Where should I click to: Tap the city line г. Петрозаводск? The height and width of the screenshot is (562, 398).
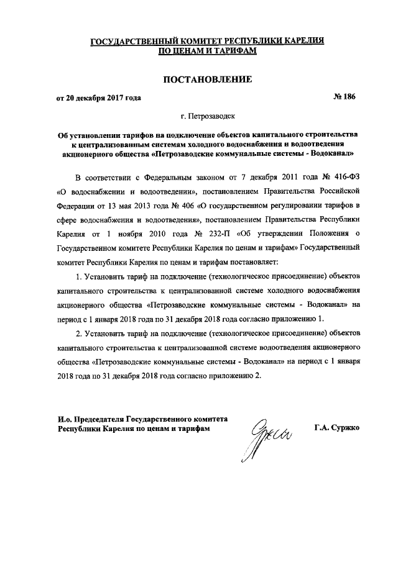[x=199, y=116]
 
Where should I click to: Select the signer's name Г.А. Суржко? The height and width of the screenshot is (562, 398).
[x=341, y=428]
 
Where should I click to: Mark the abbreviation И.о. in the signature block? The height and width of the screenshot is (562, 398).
[x=65, y=419]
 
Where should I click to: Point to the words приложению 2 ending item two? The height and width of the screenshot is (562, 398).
[x=216, y=376]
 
